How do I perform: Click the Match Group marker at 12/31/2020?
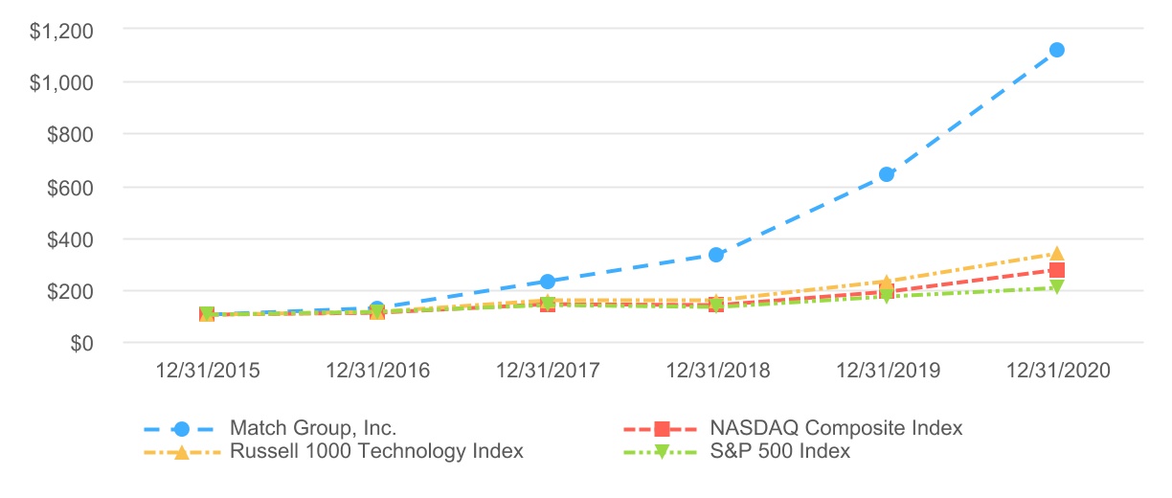click(x=1056, y=50)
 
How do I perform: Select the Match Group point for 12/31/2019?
click(x=887, y=174)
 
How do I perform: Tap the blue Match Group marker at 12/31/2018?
click(x=716, y=255)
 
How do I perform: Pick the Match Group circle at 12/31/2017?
click(x=547, y=282)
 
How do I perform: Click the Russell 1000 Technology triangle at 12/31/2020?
click(x=1056, y=253)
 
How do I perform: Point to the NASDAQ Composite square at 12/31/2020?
click(x=1056, y=270)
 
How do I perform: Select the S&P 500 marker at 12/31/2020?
click(x=1056, y=286)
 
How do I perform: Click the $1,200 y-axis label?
click(x=62, y=32)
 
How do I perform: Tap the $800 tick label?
click(x=71, y=135)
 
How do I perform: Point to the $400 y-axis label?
click(x=71, y=238)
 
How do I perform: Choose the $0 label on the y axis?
click(x=80, y=343)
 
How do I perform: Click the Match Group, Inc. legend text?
click(x=313, y=427)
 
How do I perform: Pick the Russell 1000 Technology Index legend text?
click(x=376, y=450)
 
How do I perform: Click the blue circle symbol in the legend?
click(x=183, y=428)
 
